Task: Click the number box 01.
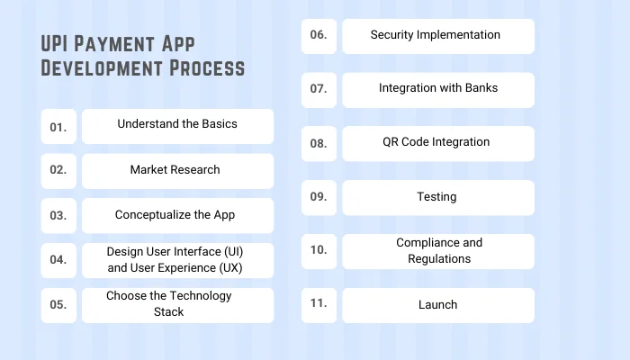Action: [x=58, y=127]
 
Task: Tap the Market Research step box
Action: [x=177, y=170]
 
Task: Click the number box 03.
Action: [x=58, y=216]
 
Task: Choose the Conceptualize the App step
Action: [x=177, y=215]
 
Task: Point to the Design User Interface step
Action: [x=177, y=259]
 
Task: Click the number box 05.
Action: [x=58, y=305]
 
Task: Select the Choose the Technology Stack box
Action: [x=177, y=304]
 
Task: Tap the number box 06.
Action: [x=319, y=36]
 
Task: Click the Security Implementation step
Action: [x=437, y=36]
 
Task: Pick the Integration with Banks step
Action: [x=437, y=89]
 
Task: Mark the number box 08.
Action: [x=319, y=143]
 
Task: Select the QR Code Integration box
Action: [x=437, y=143]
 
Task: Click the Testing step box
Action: [x=437, y=197]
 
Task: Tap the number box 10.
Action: [x=319, y=250]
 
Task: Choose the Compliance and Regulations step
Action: [x=437, y=251]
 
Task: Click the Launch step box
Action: [x=437, y=305]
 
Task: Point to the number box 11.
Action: [x=319, y=304]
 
